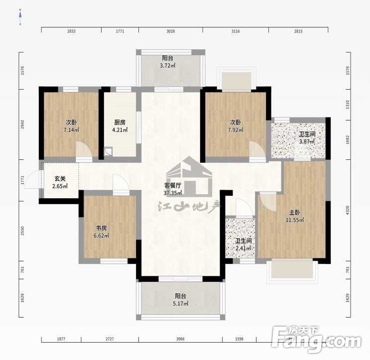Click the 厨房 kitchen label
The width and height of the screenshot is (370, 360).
pyautogui.click(x=120, y=122)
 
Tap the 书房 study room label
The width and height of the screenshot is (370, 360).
pyautogui.click(x=101, y=228)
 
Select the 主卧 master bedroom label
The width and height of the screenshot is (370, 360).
pyautogui.click(x=294, y=212)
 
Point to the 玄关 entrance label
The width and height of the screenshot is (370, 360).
pyautogui.click(x=60, y=178)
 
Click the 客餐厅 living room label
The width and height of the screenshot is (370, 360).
pyautogui.click(x=173, y=185)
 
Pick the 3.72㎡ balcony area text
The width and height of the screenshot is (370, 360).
pyautogui.click(x=167, y=66)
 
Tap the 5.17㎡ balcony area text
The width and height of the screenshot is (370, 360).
pyautogui.click(x=180, y=303)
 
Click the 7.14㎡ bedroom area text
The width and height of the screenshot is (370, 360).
pyautogui.click(x=71, y=130)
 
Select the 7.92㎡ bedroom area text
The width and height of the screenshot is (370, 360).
pyautogui.click(x=236, y=130)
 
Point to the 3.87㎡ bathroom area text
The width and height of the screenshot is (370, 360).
pyautogui.click(x=307, y=141)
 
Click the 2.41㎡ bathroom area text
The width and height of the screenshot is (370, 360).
pyautogui.click(x=243, y=248)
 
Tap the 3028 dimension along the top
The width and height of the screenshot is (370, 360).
pyautogui.click(x=171, y=31)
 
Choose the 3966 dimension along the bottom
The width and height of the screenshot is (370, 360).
pyautogui.click(x=180, y=339)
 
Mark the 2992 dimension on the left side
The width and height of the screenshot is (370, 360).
pyautogui.click(x=22, y=124)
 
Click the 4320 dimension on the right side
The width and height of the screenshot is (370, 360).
pyautogui.click(x=348, y=210)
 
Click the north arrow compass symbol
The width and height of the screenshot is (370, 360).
pyautogui.click(x=20, y=17)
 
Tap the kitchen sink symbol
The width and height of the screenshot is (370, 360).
pyautogui.click(x=109, y=152)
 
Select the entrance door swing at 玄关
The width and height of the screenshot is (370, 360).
pyautogui.click(x=33, y=179)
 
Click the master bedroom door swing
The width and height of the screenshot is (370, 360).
pyautogui.click(x=268, y=202)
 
